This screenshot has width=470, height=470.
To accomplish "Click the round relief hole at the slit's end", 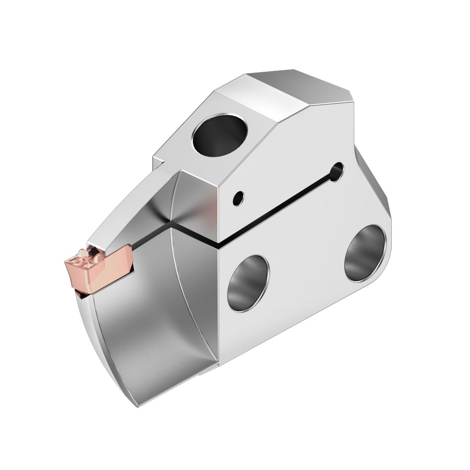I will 338,172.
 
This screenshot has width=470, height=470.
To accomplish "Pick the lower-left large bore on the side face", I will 248,283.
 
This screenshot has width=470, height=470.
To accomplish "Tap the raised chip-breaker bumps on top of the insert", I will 84,258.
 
